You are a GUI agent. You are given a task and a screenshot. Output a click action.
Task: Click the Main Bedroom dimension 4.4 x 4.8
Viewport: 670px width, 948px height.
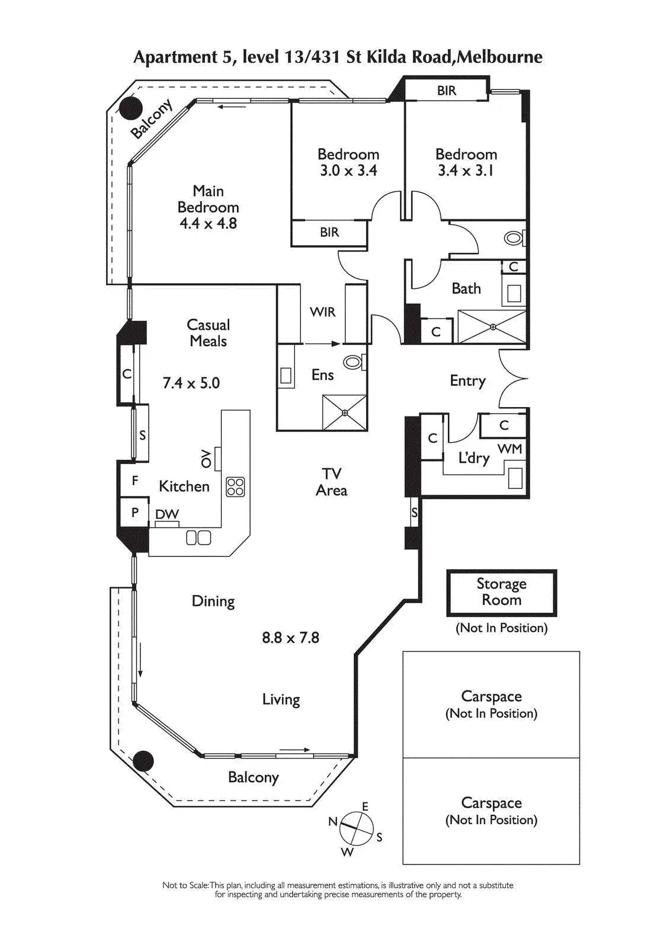(x=208, y=223)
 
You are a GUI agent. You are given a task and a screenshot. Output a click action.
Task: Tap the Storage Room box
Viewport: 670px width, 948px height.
(x=501, y=592)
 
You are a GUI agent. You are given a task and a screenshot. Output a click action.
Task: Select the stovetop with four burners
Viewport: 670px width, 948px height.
(x=235, y=486)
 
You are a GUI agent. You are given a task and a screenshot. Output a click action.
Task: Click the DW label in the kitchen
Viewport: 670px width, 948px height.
(x=167, y=514)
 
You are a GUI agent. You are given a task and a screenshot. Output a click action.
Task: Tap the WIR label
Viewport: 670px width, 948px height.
(x=322, y=312)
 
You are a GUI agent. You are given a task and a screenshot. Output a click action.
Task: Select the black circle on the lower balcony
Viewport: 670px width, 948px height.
(x=143, y=761)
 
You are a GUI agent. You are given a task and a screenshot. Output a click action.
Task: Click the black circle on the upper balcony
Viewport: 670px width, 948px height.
(x=130, y=108)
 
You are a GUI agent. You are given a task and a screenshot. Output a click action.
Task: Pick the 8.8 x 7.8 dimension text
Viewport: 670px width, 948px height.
(x=290, y=638)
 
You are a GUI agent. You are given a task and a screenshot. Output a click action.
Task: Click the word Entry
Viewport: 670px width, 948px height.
(x=467, y=380)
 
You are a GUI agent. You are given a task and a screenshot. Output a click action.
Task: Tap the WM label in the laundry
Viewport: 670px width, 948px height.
(x=509, y=449)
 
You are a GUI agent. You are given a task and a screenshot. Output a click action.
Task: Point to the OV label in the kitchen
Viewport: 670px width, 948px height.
(x=206, y=458)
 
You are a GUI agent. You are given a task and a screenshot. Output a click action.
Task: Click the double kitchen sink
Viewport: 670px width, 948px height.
(x=198, y=537)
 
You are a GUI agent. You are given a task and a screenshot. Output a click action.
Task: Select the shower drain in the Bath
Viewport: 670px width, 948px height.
(x=492, y=326)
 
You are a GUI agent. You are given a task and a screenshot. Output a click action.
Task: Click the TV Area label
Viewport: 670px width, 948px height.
(x=331, y=482)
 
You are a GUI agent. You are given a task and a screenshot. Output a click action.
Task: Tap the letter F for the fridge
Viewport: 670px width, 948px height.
(x=135, y=481)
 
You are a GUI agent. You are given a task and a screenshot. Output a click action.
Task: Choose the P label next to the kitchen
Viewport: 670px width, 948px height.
(x=135, y=512)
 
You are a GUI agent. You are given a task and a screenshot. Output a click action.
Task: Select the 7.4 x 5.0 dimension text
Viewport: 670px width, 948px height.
(x=191, y=383)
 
